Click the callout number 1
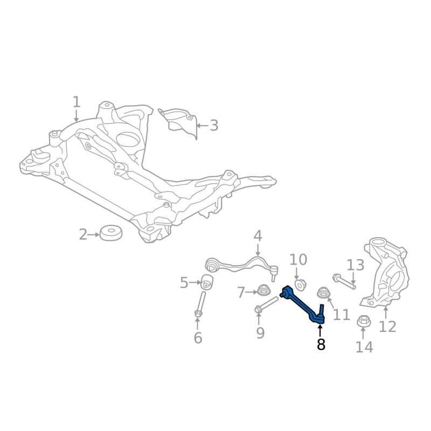pyautogui.click(x=77, y=101)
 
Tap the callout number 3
pyautogui.click(x=214, y=126)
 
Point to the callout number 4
pyautogui.click(x=258, y=236)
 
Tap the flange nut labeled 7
pyautogui.click(x=264, y=291)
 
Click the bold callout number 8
pyautogui.click(x=321, y=344)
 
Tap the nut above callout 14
pyautogui.click(x=363, y=322)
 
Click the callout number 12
pyautogui.click(x=387, y=326)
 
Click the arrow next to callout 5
pyautogui.click(x=195, y=282)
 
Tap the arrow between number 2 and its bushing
pyautogui.click(x=94, y=234)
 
